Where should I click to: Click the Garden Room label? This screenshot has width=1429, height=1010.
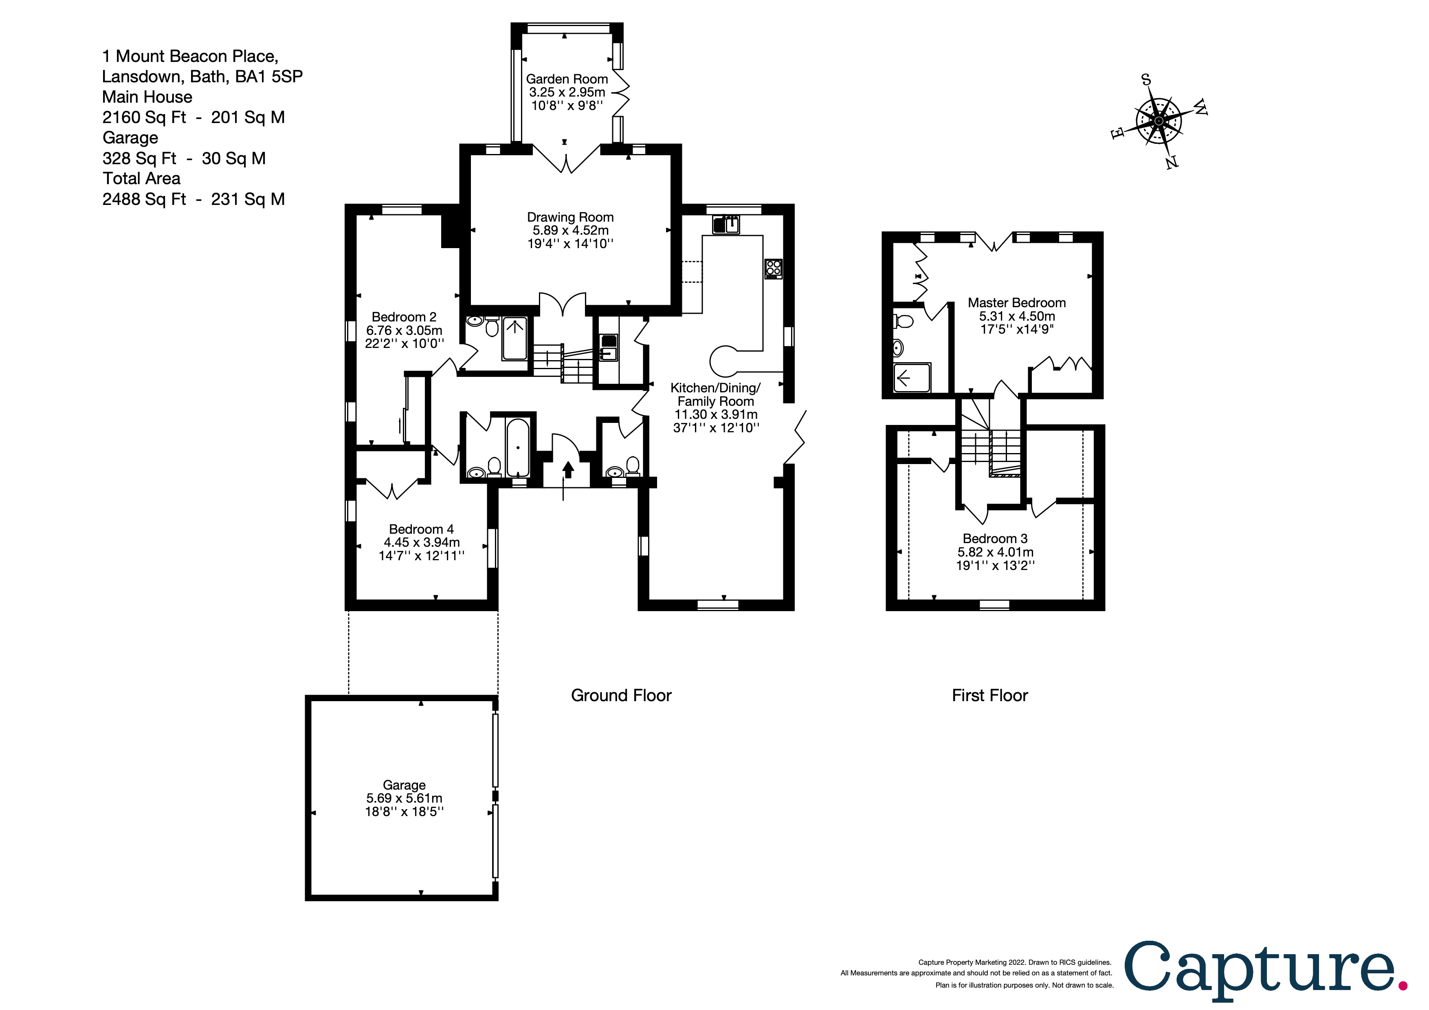(566, 79)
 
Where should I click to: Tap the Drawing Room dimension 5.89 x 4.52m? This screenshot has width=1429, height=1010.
(570, 230)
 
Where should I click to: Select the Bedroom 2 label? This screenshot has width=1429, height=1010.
(404, 317)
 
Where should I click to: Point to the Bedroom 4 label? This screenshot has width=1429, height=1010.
(421, 529)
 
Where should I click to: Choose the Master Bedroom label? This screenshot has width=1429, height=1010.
(1016, 302)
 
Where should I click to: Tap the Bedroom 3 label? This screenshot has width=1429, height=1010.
(995, 538)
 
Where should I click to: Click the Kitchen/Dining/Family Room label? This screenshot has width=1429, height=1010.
(715, 394)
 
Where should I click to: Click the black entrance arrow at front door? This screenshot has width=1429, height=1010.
(567, 469)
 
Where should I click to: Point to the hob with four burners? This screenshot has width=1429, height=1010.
(774, 268)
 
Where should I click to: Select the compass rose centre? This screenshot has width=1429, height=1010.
(1158, 121)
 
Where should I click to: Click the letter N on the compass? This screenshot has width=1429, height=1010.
(1171, 163)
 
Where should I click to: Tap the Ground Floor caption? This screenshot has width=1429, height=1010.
(621, 695)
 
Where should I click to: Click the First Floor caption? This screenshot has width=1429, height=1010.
(989, 695)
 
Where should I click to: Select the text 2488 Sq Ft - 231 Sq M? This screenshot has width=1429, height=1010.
(193, 199)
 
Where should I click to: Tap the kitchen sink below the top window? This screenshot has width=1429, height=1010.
(726, 224)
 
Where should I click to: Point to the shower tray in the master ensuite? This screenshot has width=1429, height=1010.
(912, 378)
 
